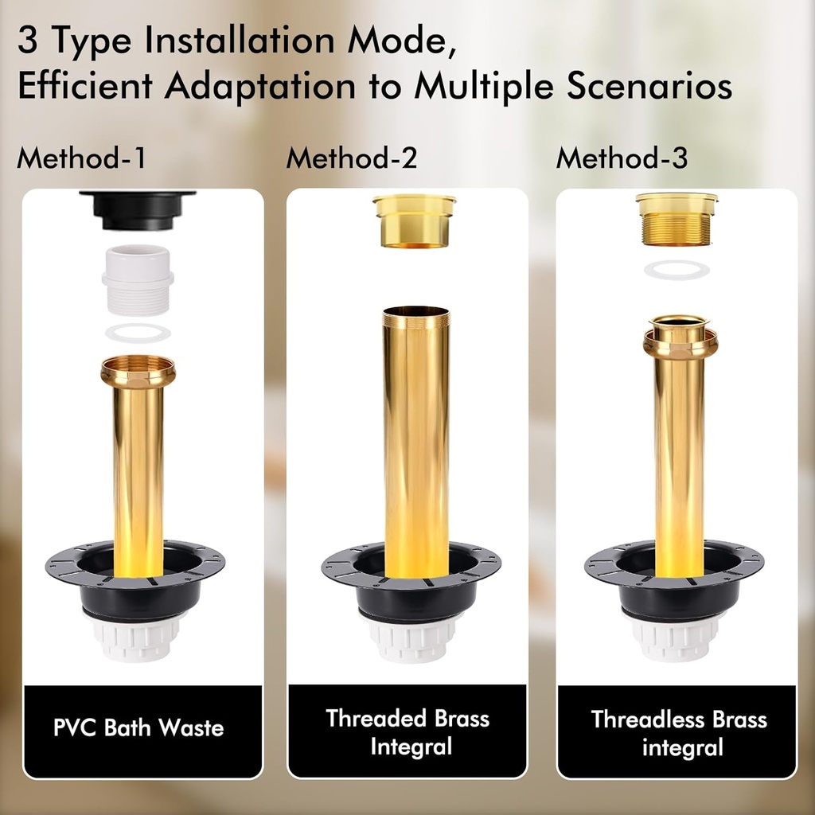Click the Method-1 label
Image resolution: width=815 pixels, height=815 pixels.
pos(81,158)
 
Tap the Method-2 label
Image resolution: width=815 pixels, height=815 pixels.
pos(351,158)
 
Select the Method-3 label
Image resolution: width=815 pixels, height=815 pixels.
pos(622,158)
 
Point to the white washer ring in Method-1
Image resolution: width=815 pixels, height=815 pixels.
pos(138,333)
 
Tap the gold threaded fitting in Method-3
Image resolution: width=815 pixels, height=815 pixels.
pos(678,218)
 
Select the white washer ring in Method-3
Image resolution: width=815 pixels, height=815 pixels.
pos(677,270)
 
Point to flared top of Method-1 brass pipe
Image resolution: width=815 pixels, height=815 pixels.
pos(138,371)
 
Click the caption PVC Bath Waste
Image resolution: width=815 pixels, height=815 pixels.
pos(138,727)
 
